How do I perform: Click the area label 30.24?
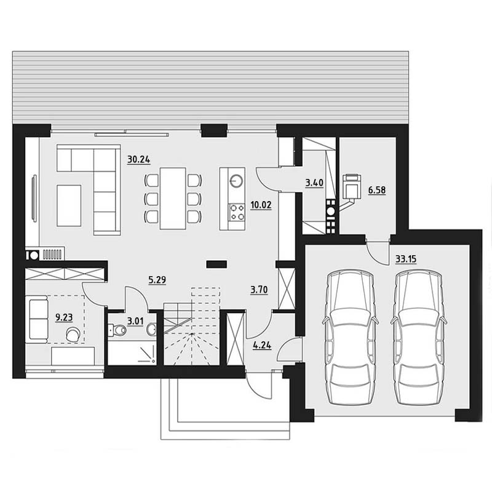point(139,160)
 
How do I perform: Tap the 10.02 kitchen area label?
point(261,205)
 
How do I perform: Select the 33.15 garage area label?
point(406,259)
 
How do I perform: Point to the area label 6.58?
point(377,190)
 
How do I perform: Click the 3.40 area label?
point(314,183)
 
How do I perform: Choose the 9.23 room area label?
point(64,317)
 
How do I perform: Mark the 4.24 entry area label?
point(263,346)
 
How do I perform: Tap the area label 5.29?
point(157,280)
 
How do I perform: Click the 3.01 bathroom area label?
point(135,321)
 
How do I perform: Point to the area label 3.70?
point(259,290)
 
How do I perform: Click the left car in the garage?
point(350,338)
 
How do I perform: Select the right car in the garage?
point(419,338)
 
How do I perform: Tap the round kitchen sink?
point(236,181)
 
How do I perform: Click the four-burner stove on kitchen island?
point(237,212)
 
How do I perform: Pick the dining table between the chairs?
point(173,199)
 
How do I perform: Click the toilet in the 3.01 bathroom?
point(117,330)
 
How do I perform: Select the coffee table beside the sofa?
point(69,205)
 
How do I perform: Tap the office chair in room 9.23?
point(73,334)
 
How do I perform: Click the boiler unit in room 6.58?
point(352,187)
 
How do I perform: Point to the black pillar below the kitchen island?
point(216,264)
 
